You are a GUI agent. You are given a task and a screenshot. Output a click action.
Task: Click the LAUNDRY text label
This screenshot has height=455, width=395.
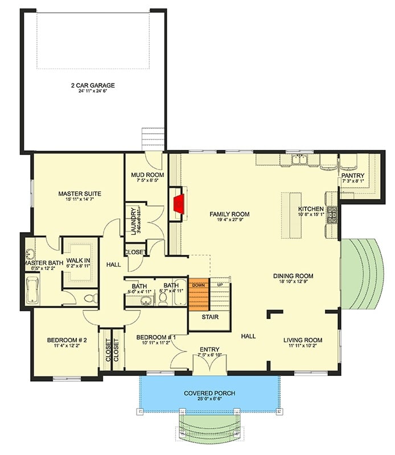[x=133, y=221]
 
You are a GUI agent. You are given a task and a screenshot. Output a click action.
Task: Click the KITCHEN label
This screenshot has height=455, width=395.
[x=311, y=209]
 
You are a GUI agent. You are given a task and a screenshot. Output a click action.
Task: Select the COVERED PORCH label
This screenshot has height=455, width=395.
[x=209, y=394]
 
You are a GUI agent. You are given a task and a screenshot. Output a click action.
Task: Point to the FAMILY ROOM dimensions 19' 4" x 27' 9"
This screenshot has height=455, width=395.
[x=229, y=221]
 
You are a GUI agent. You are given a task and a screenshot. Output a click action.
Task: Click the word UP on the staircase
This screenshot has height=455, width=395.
[x=220, y=284]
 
